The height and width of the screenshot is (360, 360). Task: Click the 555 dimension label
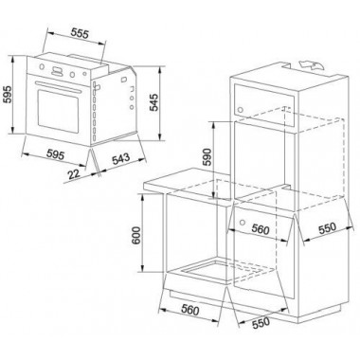tap(80, 33)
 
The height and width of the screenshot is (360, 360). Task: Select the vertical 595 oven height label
tap(7, 94)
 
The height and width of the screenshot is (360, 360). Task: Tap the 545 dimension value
tap(153, 102)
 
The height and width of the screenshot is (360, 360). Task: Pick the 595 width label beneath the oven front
tap(56, 154)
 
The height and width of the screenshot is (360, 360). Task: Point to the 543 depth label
tap(120, 158)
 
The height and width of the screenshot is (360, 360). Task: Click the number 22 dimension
tap(74, 174)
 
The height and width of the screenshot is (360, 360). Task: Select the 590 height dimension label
tap(207, 157)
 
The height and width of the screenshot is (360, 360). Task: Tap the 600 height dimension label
tap(136, 236)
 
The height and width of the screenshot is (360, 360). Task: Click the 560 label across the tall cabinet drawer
tap(261, 229)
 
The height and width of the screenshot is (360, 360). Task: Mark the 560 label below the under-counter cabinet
tap(189, 310)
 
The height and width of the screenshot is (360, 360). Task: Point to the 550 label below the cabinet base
tap(261, 323)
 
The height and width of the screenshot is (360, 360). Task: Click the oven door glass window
tap(58, 111)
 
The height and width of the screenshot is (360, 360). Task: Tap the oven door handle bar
tap(58, 86)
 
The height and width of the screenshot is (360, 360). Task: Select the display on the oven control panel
tap(57, 71)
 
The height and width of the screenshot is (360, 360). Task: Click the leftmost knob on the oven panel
tap(42, 66)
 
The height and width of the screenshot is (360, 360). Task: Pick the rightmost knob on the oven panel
tap(84, 74)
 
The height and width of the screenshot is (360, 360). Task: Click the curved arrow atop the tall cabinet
tap(312, 64)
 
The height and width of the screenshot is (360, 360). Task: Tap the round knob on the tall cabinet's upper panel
tap(240, 110)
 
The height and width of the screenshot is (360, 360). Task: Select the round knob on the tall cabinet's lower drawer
tap(243, 221)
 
